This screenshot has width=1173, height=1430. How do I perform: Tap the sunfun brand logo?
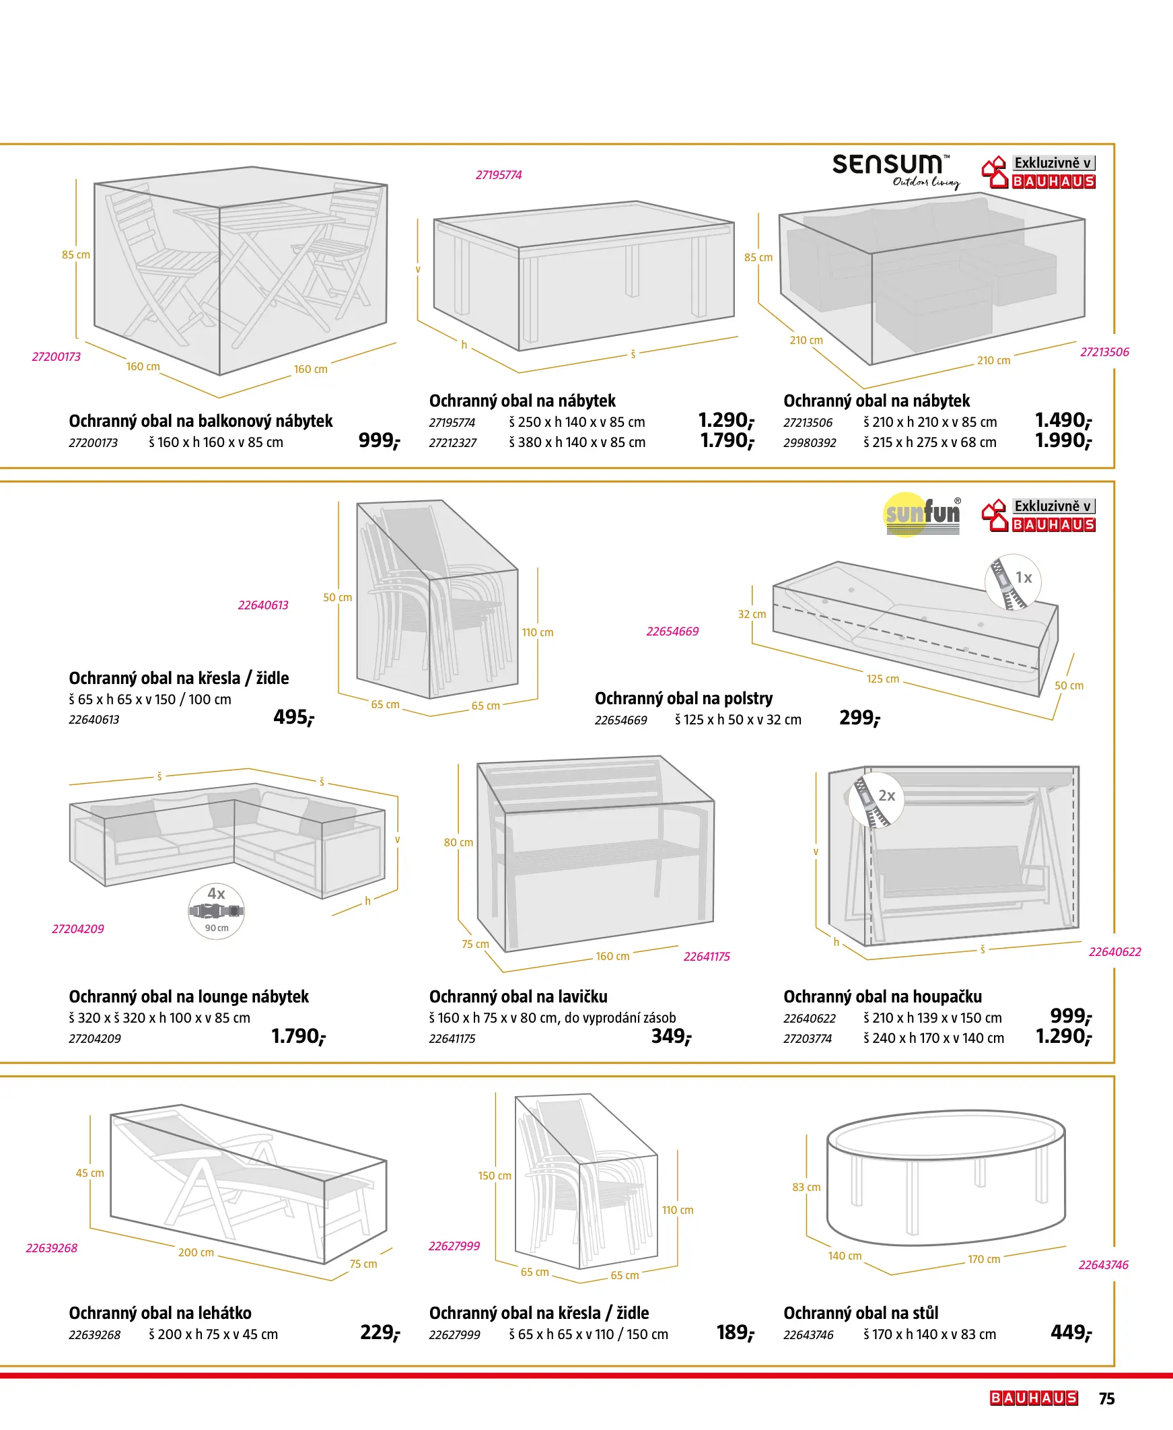click(x=923, y=514)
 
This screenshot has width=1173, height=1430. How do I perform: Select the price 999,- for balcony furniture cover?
click(x=379, y=440)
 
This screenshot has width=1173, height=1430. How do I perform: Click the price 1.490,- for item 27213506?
click(x=1063, y=420)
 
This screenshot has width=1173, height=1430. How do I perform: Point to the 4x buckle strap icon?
click(x=216, y=910)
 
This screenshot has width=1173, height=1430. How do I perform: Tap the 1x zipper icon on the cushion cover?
click(x=1013, y=582)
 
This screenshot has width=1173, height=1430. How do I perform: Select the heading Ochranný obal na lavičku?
click(x=518, y=996)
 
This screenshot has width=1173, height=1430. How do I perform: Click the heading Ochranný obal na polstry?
click(x=683, y=698)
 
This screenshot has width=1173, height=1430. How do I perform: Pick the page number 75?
click(x=1106, y=1398)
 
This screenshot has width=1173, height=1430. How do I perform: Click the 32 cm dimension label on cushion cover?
click(x=751, y=614)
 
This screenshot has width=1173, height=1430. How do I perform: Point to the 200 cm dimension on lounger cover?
click(x=196, y=1252)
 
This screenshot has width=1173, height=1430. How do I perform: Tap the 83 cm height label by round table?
click(x=806, y=1188)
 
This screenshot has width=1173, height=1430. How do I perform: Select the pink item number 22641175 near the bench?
click(x=706, y=956)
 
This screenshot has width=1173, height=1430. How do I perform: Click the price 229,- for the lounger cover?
click(x=380, y=1332)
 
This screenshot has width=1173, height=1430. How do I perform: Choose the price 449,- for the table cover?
click(x=1071, y=1332)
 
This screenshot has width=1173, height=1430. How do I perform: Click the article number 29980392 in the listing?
click(x=810, y=442)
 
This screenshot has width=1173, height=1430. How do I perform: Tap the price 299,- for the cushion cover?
click(x=859, y=718)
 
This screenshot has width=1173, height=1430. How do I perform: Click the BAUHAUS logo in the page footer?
click(x=1033, y=1398)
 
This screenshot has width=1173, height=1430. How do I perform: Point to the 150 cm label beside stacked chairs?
click(x=495, y=1176)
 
